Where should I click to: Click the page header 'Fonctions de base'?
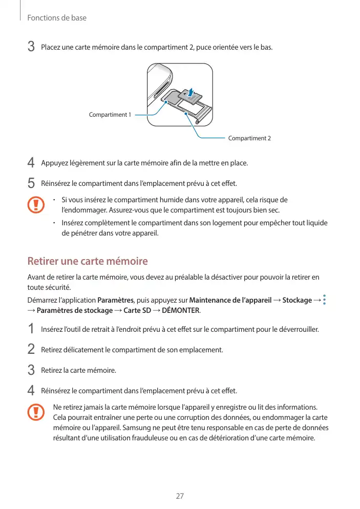pyautogui.click(x=57, y=18)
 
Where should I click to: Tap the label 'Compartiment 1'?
pyautogui.click(x=110, y=115)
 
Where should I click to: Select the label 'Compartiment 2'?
pyautogui.click(x=249, y=138)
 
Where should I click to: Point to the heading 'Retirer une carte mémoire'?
pyautogui.click(x=87, y=262)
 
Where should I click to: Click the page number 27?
pyautogui.click(x=180, y=496)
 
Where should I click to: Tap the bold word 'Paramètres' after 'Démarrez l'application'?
pyautogui.click(x=115, y=300)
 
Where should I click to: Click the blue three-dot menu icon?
pyautogui.click(x=325, y=300)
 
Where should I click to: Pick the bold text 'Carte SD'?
pyautogui.click(x=137, y=311)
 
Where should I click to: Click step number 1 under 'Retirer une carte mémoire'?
pyautogui.click(x=31, y=328)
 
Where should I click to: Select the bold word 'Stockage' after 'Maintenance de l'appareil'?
pyautogui.click(x=297, y=300)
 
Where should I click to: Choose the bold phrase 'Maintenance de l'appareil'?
pyautogui.click(x=230, y=300)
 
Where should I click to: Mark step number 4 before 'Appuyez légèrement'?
pyautogui.click(x=31, y=163)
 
